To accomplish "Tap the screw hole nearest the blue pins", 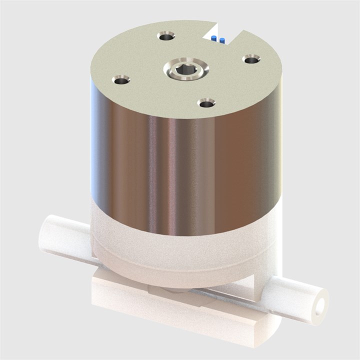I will pyautogui.click(x=251, y=60).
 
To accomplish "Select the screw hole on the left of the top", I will pyautogui.click(x=121, y=80).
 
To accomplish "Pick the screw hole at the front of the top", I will pyautogui.click(x=206, y=103).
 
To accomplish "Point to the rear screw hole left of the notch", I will pyautogui.click(x=166, y=36).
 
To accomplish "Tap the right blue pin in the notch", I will pyautogui.click(x=221, y=40).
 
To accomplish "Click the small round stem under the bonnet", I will pyautogui.click(x=172, y=290).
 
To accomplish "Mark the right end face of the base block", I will pyautogui.click(x=270, y=332).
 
